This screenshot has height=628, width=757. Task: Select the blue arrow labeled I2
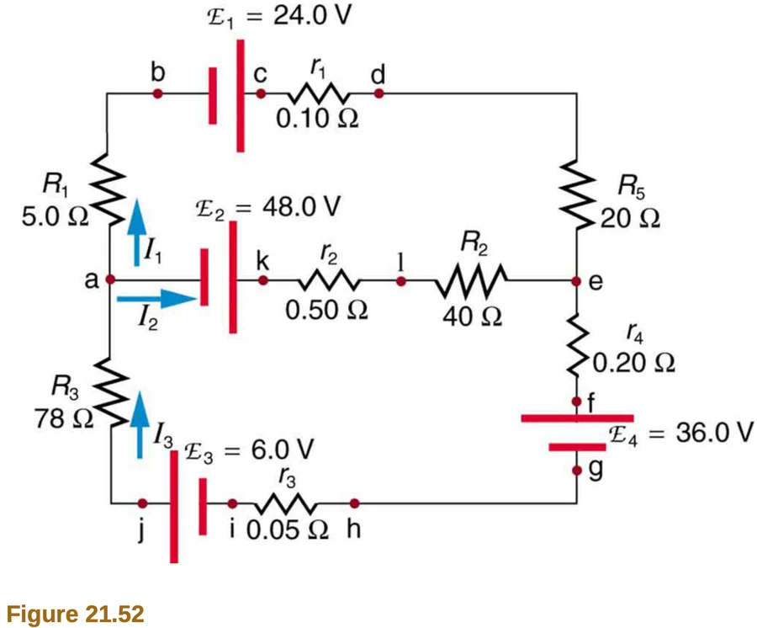pyautogui.click(x=157, y=299)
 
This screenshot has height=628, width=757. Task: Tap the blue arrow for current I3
pyautogui.click(x=140, y=424)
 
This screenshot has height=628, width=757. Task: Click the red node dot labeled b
pyautogui.click(x=157, y=93)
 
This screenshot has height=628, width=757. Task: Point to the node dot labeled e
pyautogui.click(x=576, y=280)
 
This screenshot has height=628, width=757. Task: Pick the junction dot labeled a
pyautogui.click(x=110, y=279)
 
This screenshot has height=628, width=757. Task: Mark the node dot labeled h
pyautogui.click(x=354, y=503)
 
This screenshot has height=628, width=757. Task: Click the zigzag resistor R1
pyautogui.click(x=109, y=189)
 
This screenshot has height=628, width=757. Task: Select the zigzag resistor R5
pyautogui.click(x=576, y=194)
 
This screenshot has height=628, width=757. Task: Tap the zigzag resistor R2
pyautogui.click(x=471, y=280)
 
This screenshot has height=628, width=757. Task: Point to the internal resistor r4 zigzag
pyautogui.click(x=577, y=345)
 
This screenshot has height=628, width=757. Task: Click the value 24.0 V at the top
pyautogui.click(x=312, y=15)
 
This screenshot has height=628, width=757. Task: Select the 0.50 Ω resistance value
pyautogui.click(x=326, y=310)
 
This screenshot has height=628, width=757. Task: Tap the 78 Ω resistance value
pyautogui.click(x=64, y=418)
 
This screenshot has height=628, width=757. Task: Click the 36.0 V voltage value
pyautogui.click(x=714, y=433)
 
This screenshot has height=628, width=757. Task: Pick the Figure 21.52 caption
pyautogui.click(x=76, y=614)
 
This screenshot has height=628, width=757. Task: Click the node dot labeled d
pyautogui.click(x=379, y=93)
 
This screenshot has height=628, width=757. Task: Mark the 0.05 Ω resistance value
pyautogui.click(x=288, y=530)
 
